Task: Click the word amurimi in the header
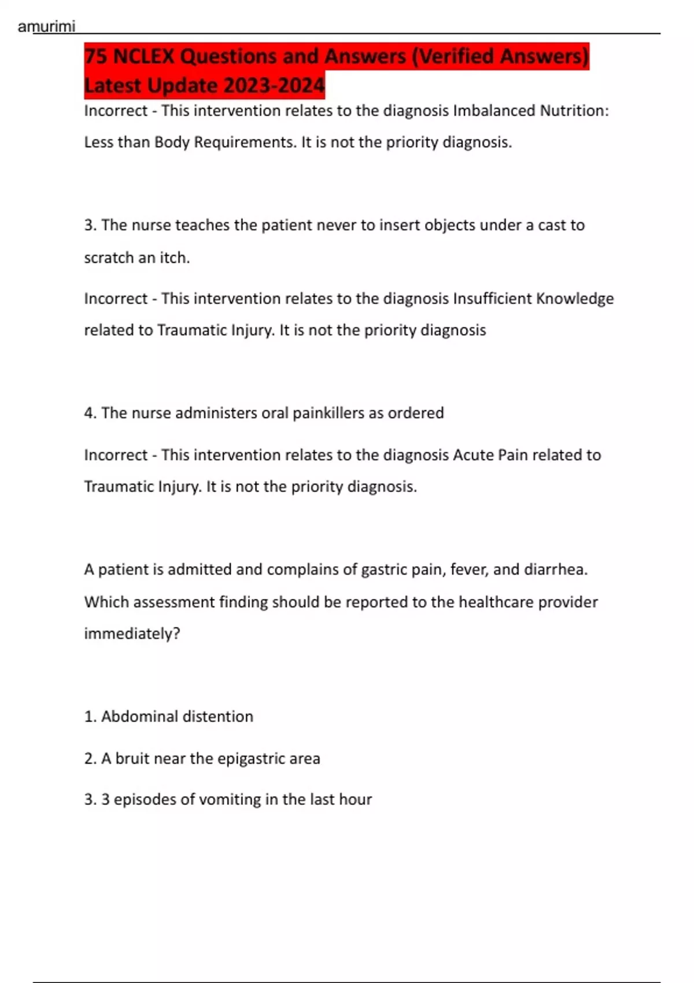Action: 46,27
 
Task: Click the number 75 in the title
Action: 96,56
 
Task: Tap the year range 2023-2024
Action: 274,86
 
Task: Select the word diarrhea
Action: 555,570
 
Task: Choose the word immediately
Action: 131,634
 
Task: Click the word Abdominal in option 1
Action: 137,716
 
